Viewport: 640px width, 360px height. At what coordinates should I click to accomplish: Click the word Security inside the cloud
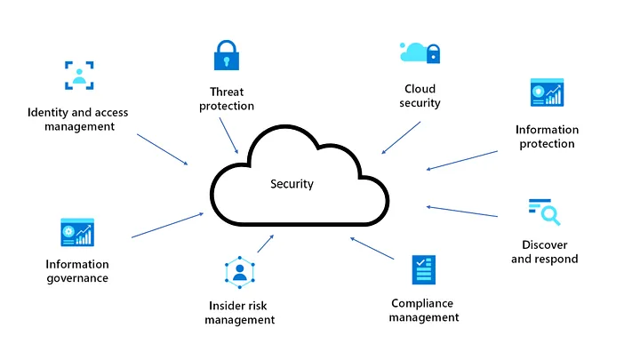pyautogui.click(x=292, y=184)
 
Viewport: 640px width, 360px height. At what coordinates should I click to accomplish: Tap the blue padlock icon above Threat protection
pyautogui.click(x=227, y=55)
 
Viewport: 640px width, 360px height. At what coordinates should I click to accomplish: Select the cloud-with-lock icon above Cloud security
pyautogui.click(x=420, y=53)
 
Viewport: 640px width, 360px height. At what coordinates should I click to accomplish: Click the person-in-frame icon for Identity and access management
pyautogui.click(x=79, y=75)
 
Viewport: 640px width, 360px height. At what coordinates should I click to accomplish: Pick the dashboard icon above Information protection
pyautogui.click(x=547, y=92)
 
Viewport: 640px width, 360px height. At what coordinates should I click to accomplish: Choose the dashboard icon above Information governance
pyautogui.click(x=77, y=232)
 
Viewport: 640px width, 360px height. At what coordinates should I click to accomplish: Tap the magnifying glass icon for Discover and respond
pyautogui.click(x=545, y=212)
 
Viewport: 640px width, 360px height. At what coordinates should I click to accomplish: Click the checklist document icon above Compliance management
pyautogui.click(x=424, y=270)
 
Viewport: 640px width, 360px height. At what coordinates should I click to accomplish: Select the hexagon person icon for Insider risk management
pyautogui.click(x=240, y=272)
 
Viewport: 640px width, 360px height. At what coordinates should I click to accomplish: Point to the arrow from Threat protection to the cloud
pyautogui.click(x=228, y=135)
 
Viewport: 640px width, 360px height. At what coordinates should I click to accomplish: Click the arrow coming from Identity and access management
pyautogui.click(x=163, y=149)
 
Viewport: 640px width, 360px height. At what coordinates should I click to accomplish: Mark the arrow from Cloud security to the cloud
pyautogui.click(x=401, y=138)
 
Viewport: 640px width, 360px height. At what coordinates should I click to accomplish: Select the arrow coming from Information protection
pyautogui.click(x=462, y=160)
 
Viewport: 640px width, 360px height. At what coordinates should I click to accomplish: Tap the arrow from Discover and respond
pyautogui.click(x=462, y=212)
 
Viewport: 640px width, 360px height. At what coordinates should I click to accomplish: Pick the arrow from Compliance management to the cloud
pyautogui.click(x=372, y=248)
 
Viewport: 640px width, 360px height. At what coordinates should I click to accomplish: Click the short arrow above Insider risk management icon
pyautogui.click(x=266, y=244)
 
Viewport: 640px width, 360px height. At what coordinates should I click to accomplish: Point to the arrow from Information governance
pyautogui.click(x=167, y=225)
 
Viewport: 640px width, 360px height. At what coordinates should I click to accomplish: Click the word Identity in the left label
pyautogui.click(x=44, y=113)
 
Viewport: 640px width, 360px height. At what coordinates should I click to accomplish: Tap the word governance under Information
pyautogui.click(x=77, y=278)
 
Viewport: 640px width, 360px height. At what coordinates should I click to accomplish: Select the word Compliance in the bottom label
pyautogui.click(x=422, y=304)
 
